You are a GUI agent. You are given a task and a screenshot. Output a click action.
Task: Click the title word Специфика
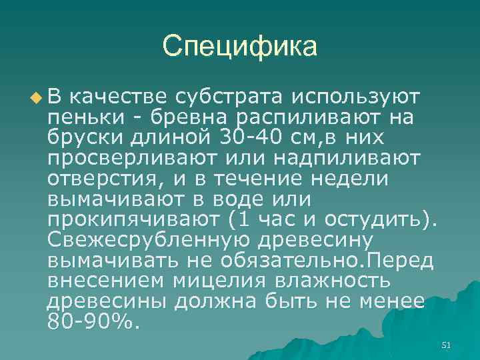pyautogui.click(x=240, y=46)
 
